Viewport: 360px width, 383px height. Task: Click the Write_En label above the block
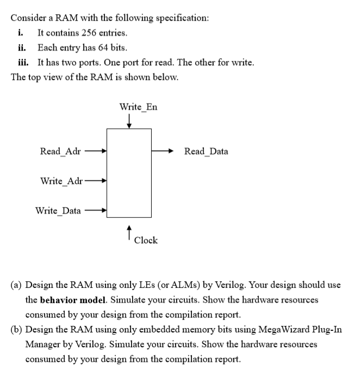[x=138, y=107]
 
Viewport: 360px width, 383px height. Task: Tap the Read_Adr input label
[x=60, y=151]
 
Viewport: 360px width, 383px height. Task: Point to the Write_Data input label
[x=58, y=210]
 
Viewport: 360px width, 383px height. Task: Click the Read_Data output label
[x=206, y=151]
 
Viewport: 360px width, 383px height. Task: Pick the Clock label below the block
[x=145, y=240]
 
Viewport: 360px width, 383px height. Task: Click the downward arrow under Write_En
[x=128, y=121]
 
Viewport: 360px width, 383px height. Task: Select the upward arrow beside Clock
[x=128, y=233]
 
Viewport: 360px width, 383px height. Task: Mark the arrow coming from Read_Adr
[x=95, y=151]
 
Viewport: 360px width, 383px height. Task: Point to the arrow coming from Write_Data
[x=97, y=210]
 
